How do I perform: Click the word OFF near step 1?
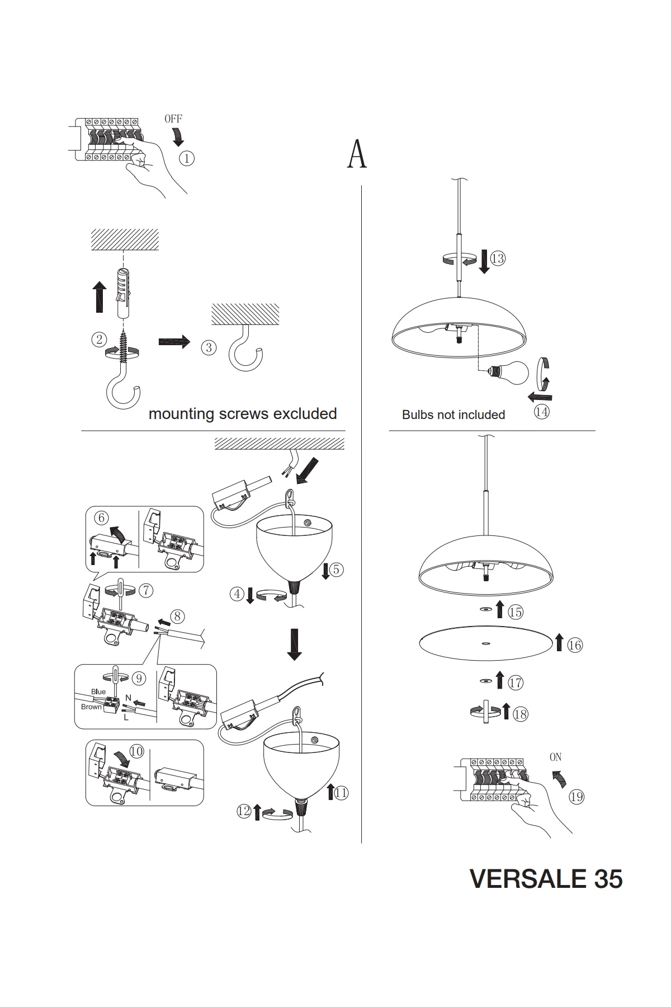click(x=173, y=119)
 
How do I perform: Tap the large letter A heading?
click(x=357, y=154)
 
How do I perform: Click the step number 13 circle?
click(x=497, y=258)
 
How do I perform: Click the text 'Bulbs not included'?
click(x=453, y=415)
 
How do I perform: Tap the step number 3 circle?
click(x=209, y=347)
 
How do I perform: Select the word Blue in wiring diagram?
click(x=98, y=692)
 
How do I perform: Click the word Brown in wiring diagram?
click(x=91, y=707)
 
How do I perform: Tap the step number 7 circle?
click(x=145, y=590)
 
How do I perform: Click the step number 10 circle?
click(x=136, y=751)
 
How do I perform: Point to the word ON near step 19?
click(x=555, y=757)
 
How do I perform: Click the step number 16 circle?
click(x=575, y=645)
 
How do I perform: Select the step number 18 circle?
click(x=520, y=714)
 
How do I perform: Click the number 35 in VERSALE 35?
click(x=607, y=879)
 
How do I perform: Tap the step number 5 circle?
click(x=336, y=570)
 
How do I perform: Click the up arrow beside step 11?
click(x=330, y=792)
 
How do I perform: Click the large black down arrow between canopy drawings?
click(x=294, y=644)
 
